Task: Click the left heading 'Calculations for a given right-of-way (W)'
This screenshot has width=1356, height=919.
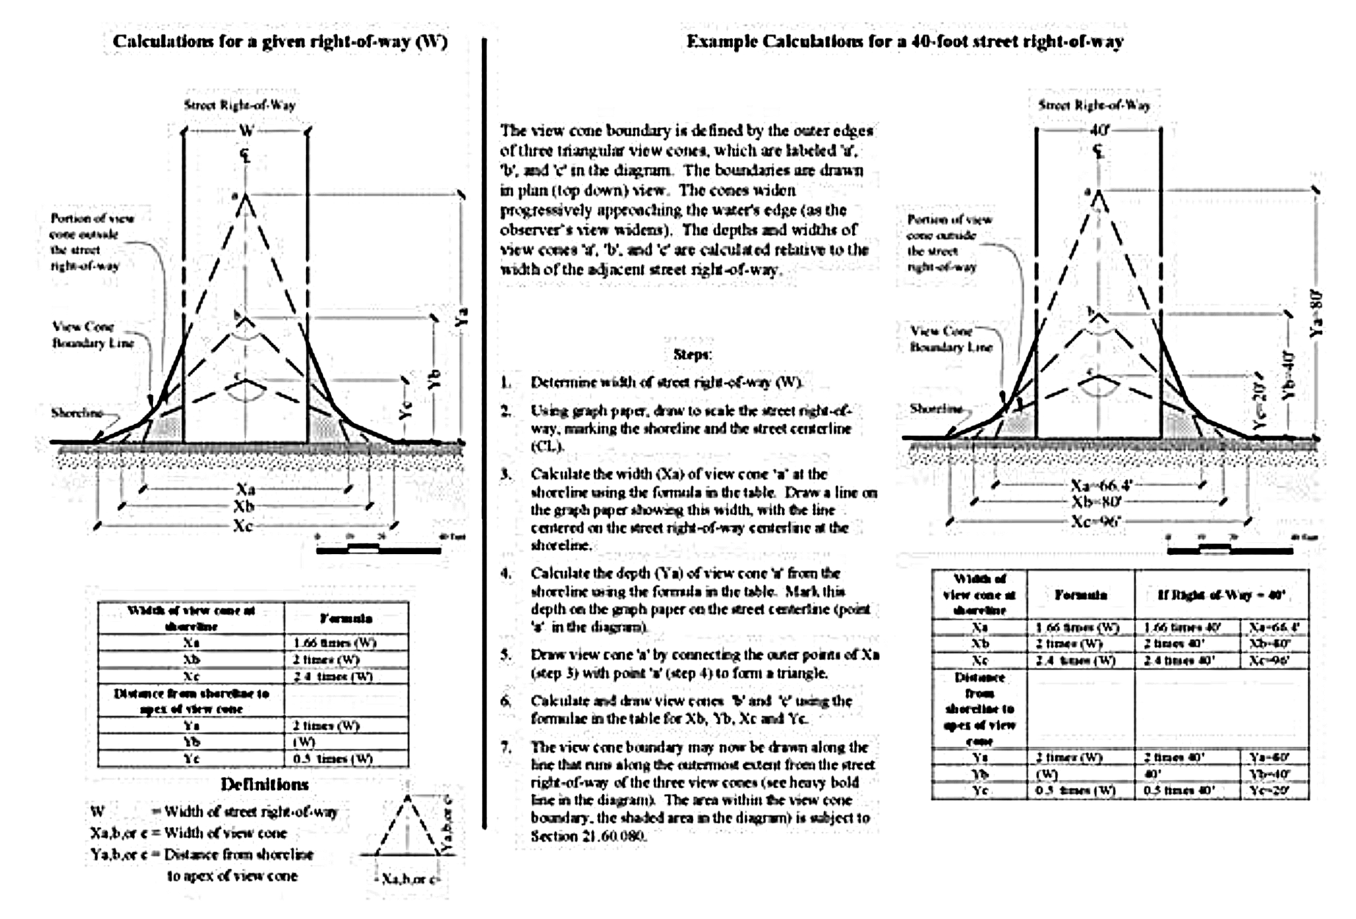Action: coord(280,42)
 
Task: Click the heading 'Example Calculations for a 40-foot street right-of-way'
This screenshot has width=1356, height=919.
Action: coord(905,42)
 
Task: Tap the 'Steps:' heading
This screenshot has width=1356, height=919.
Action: coord(692,355)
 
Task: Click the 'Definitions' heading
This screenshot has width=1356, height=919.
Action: coord(264,784)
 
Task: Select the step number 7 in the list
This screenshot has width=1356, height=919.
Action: coord(505,748)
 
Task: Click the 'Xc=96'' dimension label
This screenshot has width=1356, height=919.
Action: coord(1095,521)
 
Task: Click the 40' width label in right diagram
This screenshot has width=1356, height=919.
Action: coord(1098,130)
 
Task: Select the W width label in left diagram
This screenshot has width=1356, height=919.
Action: coord(246,131)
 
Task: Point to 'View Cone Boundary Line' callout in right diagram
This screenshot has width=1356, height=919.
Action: coord(951,339)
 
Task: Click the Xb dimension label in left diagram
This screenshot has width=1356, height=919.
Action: coord(244,506)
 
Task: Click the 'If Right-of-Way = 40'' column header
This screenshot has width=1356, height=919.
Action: coord(1221,595)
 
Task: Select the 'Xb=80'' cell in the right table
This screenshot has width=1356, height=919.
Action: coord(1275,644)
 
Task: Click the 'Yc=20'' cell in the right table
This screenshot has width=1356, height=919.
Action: coord(1275,791)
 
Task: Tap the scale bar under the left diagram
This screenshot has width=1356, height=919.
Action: coord(379,549)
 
